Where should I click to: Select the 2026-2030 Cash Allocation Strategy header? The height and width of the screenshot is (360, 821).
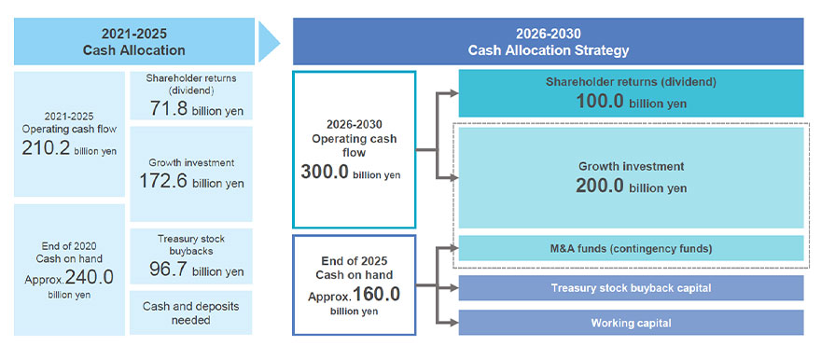click(548, 41)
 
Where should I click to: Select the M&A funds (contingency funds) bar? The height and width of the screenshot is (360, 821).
click(631, 248)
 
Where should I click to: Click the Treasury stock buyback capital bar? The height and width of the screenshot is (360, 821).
click(631, 288)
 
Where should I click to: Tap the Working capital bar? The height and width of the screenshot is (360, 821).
click(631, 323)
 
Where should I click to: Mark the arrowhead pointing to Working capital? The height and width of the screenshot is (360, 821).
click(453, 323)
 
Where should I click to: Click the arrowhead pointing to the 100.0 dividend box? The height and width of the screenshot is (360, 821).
click(453, 93)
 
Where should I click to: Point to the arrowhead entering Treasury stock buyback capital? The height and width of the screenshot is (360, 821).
click(453, 288)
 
